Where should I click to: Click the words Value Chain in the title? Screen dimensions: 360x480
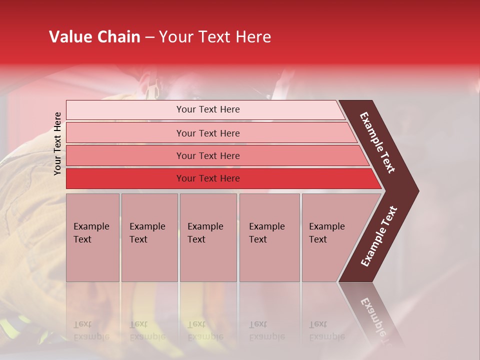(x=94, y=37)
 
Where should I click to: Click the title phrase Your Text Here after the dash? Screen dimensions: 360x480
(x=215, y=37)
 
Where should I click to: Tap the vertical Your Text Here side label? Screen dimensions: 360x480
(x=58, y=143)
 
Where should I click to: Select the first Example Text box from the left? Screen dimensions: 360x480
(x=92, y=237)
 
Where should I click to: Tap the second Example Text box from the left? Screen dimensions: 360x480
(x=149, y=237)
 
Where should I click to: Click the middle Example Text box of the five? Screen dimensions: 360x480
(x=208, y=237)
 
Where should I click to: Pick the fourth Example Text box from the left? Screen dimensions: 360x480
(x=269, y=237)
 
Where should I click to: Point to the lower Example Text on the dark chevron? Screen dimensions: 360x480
(x=379, y=236)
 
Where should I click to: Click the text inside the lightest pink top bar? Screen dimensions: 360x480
(x=208, y=109)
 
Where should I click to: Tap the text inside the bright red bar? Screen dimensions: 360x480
(x=208, y=178)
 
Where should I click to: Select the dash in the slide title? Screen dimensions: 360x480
(x=149, y=37)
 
